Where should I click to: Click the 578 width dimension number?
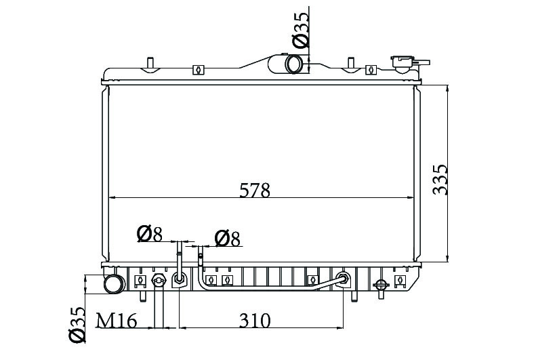255,190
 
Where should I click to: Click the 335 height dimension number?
440,180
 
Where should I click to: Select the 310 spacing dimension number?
255,321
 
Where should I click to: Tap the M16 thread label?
117,321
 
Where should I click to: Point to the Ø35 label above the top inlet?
301,30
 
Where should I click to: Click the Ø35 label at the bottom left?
77,325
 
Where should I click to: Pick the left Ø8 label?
149,234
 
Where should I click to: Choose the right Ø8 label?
227,238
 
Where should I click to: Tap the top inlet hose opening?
293,64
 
